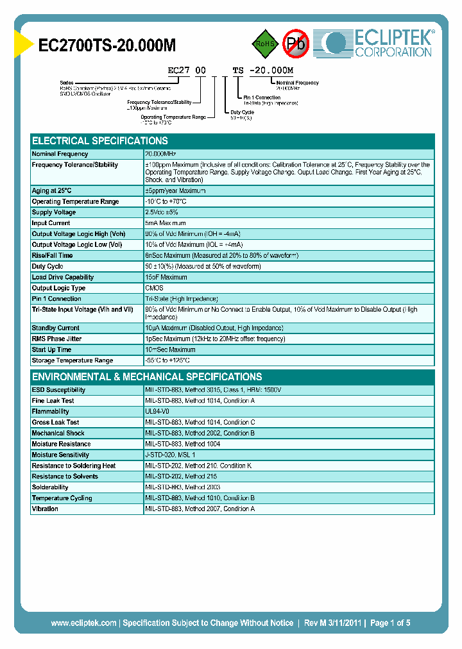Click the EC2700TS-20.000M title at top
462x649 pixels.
(107, 45)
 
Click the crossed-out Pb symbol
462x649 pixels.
(296, 44)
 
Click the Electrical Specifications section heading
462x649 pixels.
(100, 141)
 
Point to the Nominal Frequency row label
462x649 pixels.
(60, 154)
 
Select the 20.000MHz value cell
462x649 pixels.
(160, 154)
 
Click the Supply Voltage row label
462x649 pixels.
(54, 212)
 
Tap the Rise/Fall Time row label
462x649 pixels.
(53, 255)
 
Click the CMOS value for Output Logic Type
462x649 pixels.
(154, 288)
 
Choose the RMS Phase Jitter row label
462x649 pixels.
(57, 339)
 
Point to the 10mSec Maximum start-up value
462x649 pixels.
(170, 350)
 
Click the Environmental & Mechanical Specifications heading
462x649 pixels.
(147, 377)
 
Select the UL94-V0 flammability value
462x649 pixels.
(157, 411)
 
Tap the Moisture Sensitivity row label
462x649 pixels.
(61, 455)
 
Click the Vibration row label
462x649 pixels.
(45, 509)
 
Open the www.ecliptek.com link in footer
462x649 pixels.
(83, 623)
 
